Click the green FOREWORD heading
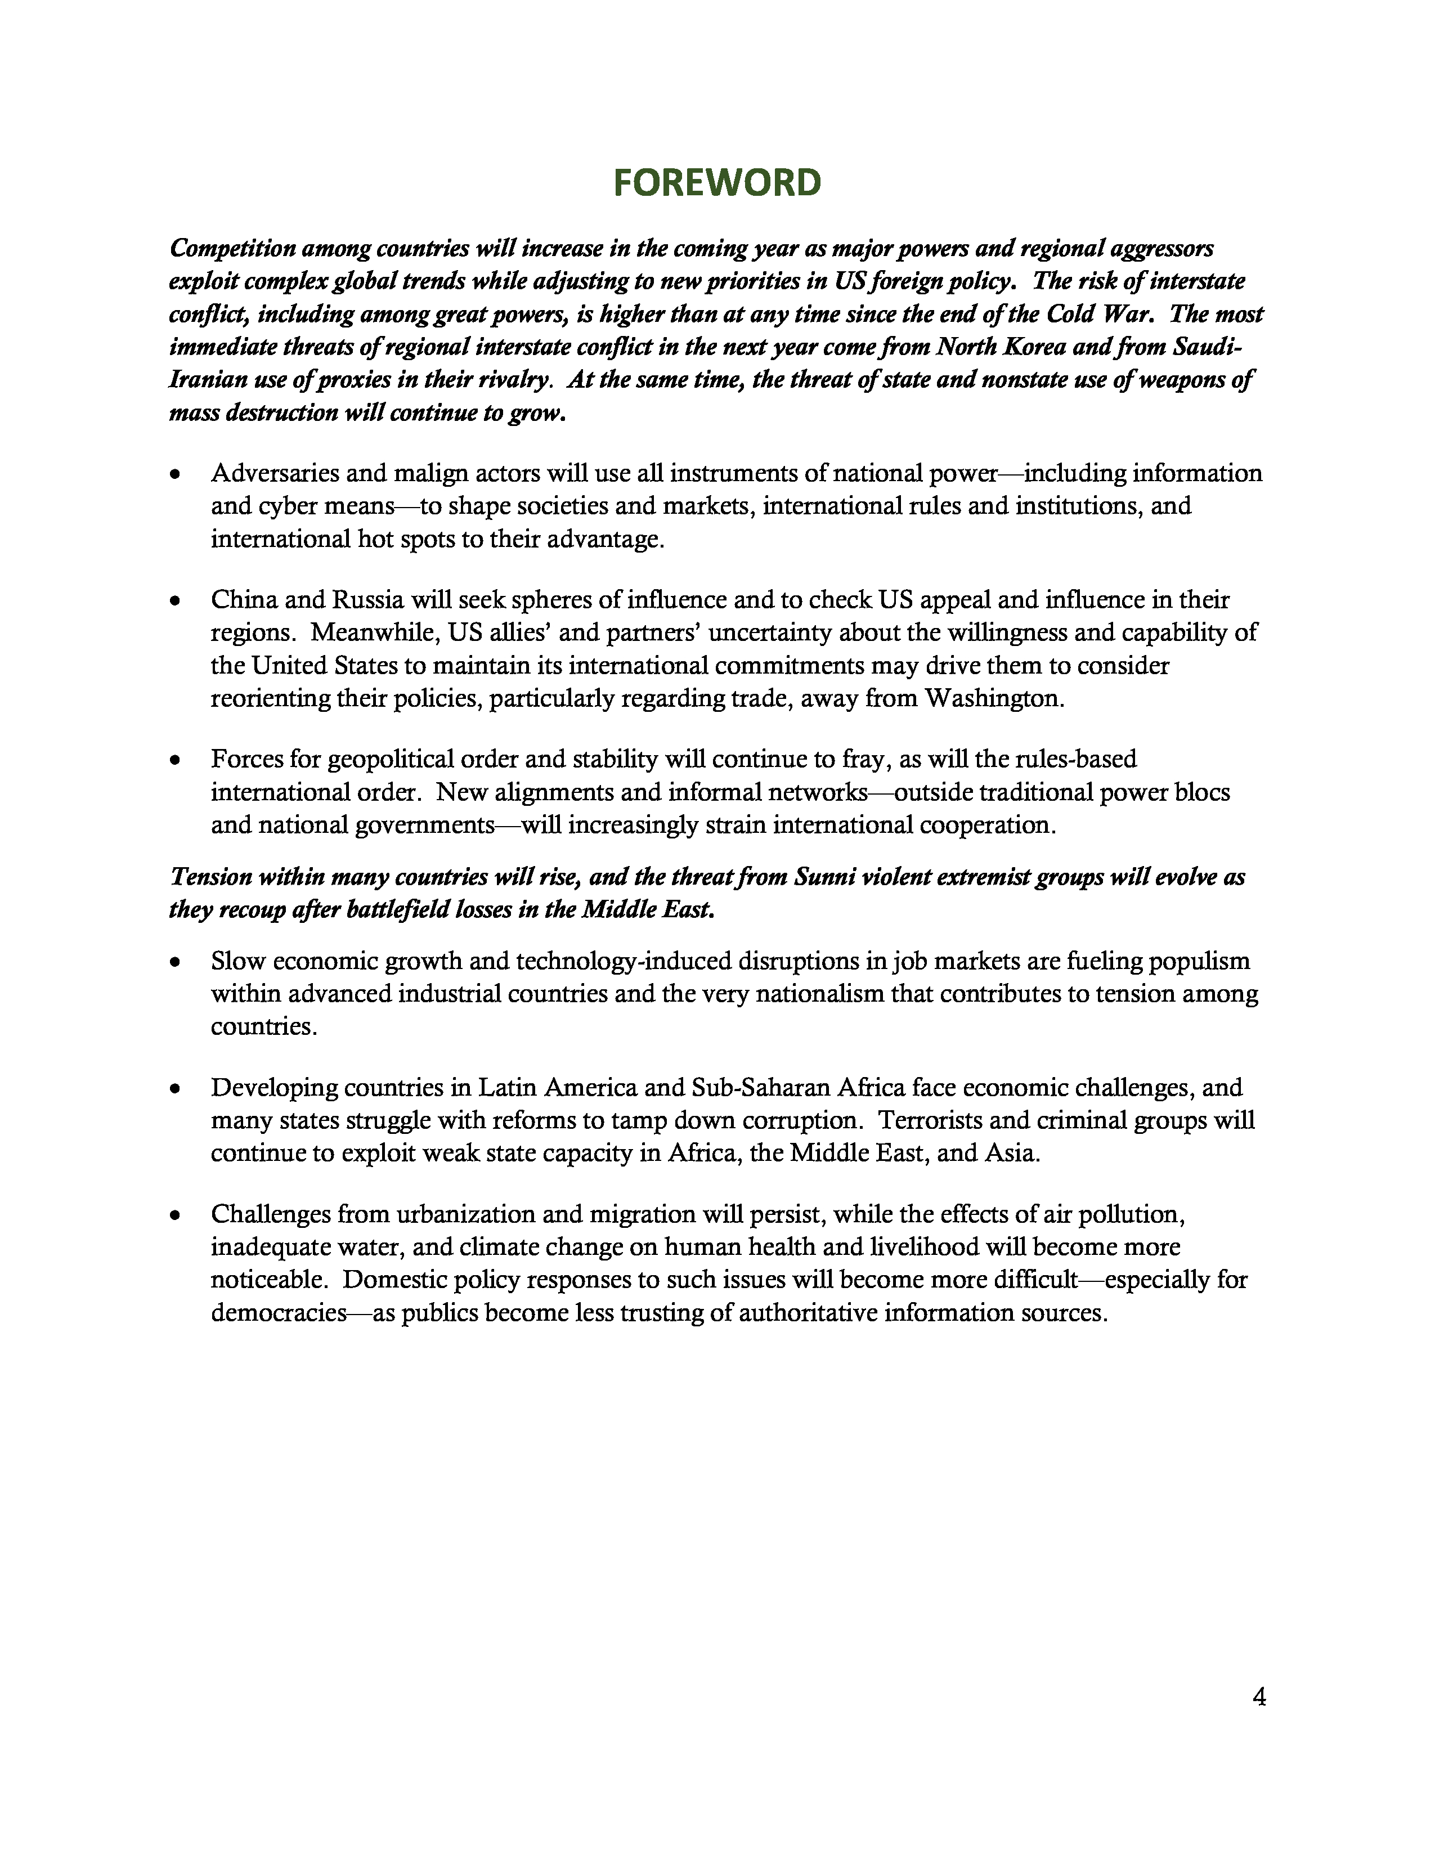click(x=716, y=183)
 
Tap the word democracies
click(x=279, y=1313)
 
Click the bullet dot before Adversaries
click(x=175, y=474)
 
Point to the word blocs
click(x=1207, y=792)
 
